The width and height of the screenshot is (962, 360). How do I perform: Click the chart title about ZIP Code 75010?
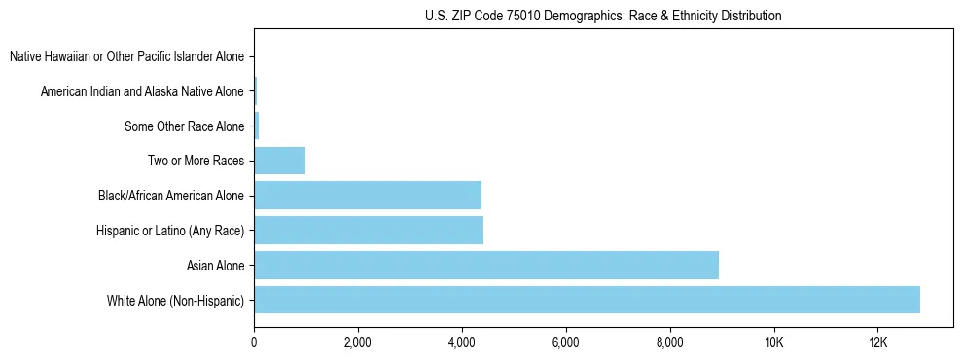coord(603,16)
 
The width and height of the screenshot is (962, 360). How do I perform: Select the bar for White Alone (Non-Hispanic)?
coord(587,300)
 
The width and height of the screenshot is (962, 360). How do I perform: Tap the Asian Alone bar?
coord(486,265)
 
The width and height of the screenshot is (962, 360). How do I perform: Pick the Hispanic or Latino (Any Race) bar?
coord(369,231)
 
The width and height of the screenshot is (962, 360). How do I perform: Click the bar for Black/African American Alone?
coord(368,196)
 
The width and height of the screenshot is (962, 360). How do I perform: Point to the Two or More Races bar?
coord(280,161)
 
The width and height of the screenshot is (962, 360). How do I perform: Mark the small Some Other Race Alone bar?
coord(257,126)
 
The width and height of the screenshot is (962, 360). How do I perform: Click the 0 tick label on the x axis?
coord(254,342)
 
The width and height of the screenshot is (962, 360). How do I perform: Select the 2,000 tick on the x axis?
coord(358,342)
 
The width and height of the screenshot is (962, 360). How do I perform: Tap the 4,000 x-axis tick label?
coord(462,342)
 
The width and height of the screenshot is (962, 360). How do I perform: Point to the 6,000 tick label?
coord(566,342)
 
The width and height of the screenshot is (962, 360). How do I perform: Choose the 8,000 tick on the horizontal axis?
coord(670,342)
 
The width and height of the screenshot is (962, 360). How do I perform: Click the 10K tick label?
coord(774,342)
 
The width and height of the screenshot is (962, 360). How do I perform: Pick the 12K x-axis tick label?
coord(878,342)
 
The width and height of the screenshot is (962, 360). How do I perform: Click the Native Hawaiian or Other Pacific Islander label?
coord(126,57)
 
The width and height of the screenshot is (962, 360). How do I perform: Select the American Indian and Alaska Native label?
coord(142,92)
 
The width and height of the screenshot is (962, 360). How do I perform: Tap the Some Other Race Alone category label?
coord(184,126)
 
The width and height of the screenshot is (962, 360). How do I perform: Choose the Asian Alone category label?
coord(215,265)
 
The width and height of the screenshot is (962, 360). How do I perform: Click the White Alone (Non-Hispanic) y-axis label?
coord(175,300)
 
